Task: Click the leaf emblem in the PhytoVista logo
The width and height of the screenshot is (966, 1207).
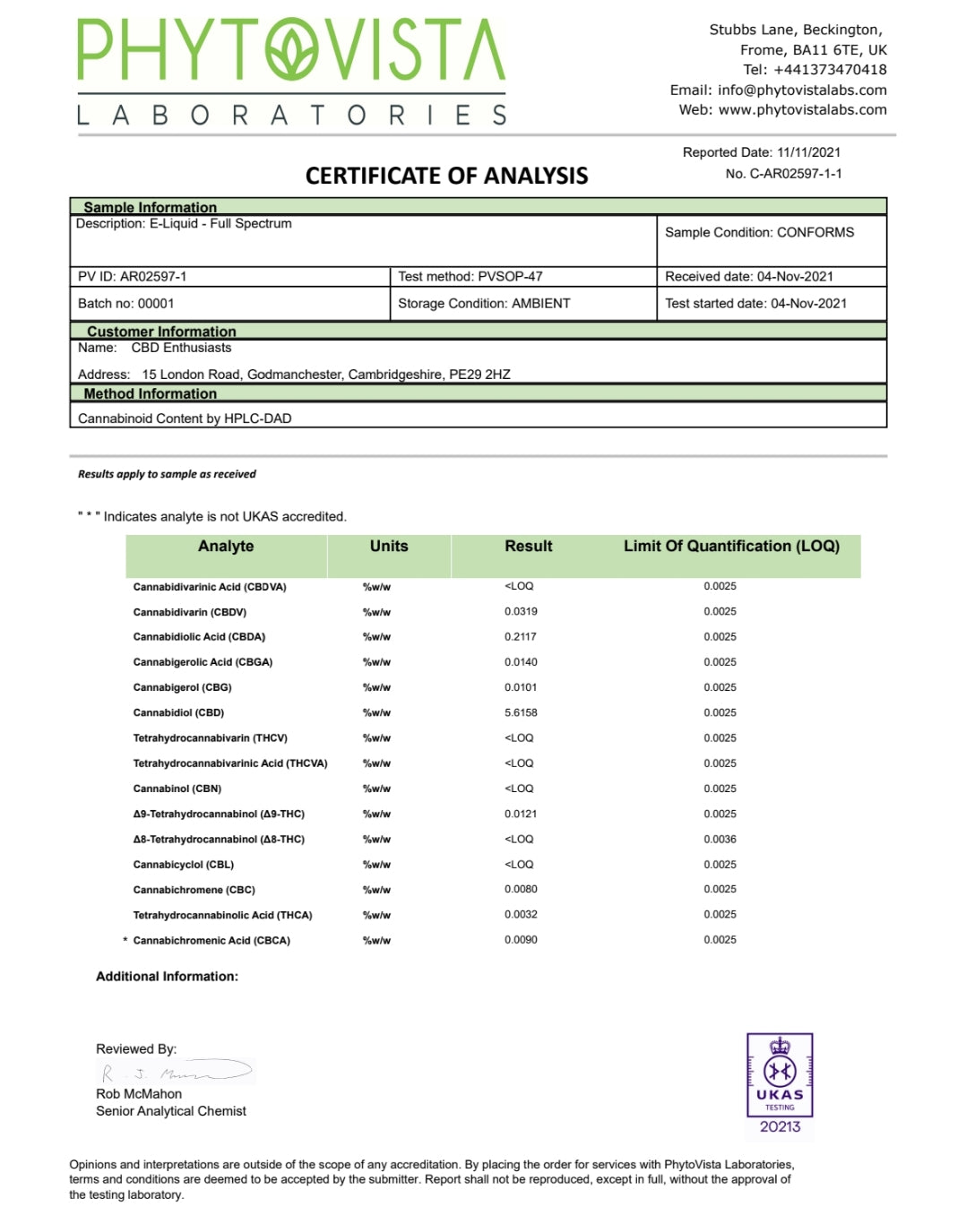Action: [x=291, y=50]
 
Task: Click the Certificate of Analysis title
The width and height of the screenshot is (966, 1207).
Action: [x=446, y=176]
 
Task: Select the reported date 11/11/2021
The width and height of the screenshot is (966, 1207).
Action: [x=808, y=152]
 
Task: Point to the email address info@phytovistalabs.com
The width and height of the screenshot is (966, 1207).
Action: [x=802, y=90]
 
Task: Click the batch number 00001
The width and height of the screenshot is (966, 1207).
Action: [x=156, y=304]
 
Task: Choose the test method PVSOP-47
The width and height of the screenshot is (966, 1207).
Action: [x=510, y=277]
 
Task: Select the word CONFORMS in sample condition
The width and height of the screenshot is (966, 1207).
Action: [x=815, y=232]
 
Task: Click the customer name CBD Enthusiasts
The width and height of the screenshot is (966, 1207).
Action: [x=181, y=348]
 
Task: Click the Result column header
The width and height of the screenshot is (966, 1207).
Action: [x=528, y=547]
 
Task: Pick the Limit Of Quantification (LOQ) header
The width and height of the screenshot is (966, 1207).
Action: [x=731, y=547]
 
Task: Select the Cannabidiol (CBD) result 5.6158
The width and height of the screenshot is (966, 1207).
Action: [x=521, y=712]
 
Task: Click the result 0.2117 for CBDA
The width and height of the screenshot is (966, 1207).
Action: [x=521, y=636]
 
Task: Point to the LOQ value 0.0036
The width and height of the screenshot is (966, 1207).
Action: [x=720, y=840]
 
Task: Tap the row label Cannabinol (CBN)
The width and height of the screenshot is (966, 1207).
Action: [x=177, y=789]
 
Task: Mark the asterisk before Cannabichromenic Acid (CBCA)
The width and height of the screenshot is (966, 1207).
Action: [x=125, y=941]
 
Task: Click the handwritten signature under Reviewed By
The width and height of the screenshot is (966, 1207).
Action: [x=175, y=1072]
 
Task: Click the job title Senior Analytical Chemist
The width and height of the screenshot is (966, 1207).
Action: [x=171, y=1111]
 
